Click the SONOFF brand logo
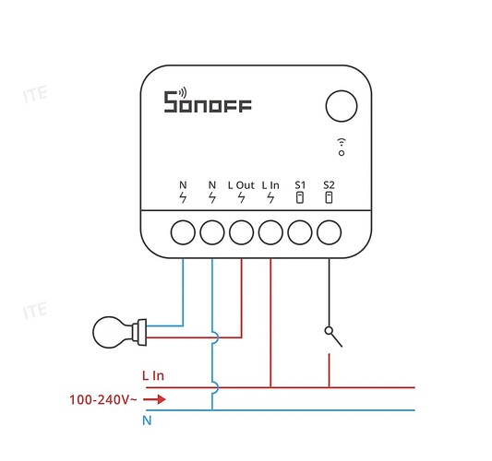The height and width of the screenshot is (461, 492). click(208, 100)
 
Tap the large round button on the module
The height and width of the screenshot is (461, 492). click(342, 106)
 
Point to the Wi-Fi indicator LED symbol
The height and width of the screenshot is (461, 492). click(342, 147)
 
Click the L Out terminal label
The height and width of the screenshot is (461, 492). click(241, 185)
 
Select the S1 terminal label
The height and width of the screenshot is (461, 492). click(300, 185)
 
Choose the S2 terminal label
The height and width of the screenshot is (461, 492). click(329, 185)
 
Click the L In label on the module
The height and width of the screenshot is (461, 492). click(270, 185)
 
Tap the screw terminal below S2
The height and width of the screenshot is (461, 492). click(329, 232)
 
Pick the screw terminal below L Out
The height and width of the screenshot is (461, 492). click(241, 232)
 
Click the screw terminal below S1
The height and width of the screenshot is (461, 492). click(300, 232)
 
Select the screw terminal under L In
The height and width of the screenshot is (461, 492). click(270, 232)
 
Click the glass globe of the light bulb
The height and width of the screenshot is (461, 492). click(110, 332)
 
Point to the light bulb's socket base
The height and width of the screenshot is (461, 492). click(139, 332)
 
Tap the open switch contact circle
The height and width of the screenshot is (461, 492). click(329, 331)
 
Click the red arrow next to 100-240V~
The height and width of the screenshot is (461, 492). click(154, 399)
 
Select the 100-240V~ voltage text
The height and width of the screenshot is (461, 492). click(102, 399)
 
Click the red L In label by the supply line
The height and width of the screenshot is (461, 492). click(153, 375)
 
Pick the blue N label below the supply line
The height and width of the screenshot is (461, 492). click(147, 420)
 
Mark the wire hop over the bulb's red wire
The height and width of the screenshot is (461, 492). click(215, 337)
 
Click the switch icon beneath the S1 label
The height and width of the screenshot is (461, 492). click(300, 197)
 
